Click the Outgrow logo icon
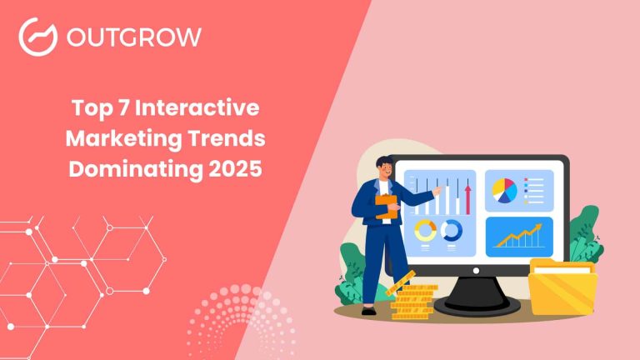[x=37, y=37]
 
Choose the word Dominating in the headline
[x=133, y=167]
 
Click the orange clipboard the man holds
[x=387, y=205]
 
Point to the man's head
[x=384, y=167]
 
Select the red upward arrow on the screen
[x=468, y=199]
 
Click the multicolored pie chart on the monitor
[x=504, y=190]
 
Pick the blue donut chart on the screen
[x=452, y=230]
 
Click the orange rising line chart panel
[x=518, y=236]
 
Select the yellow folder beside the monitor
[x=562, y=287]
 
